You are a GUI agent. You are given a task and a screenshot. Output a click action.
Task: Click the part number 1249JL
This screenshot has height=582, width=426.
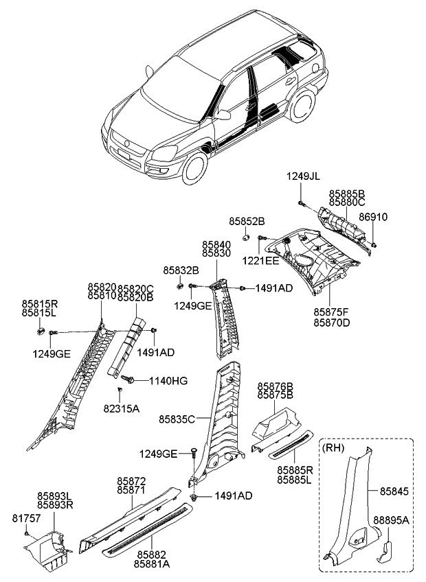(303, 177)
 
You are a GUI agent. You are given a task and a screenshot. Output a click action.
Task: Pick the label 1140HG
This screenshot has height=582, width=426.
(169, 380)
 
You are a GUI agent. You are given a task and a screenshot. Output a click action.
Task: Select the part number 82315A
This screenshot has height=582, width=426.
(121, 408)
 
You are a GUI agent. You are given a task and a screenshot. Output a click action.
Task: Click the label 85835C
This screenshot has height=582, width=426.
(177, 418)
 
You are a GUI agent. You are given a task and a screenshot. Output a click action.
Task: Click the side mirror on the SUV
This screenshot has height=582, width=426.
(224, 115)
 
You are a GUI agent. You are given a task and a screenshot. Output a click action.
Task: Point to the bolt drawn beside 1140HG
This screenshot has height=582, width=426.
(127, 379)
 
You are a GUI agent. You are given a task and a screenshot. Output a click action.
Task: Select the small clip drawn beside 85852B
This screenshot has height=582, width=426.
(245, 237)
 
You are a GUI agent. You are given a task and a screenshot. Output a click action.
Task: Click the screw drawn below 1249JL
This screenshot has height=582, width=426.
(302, 202)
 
